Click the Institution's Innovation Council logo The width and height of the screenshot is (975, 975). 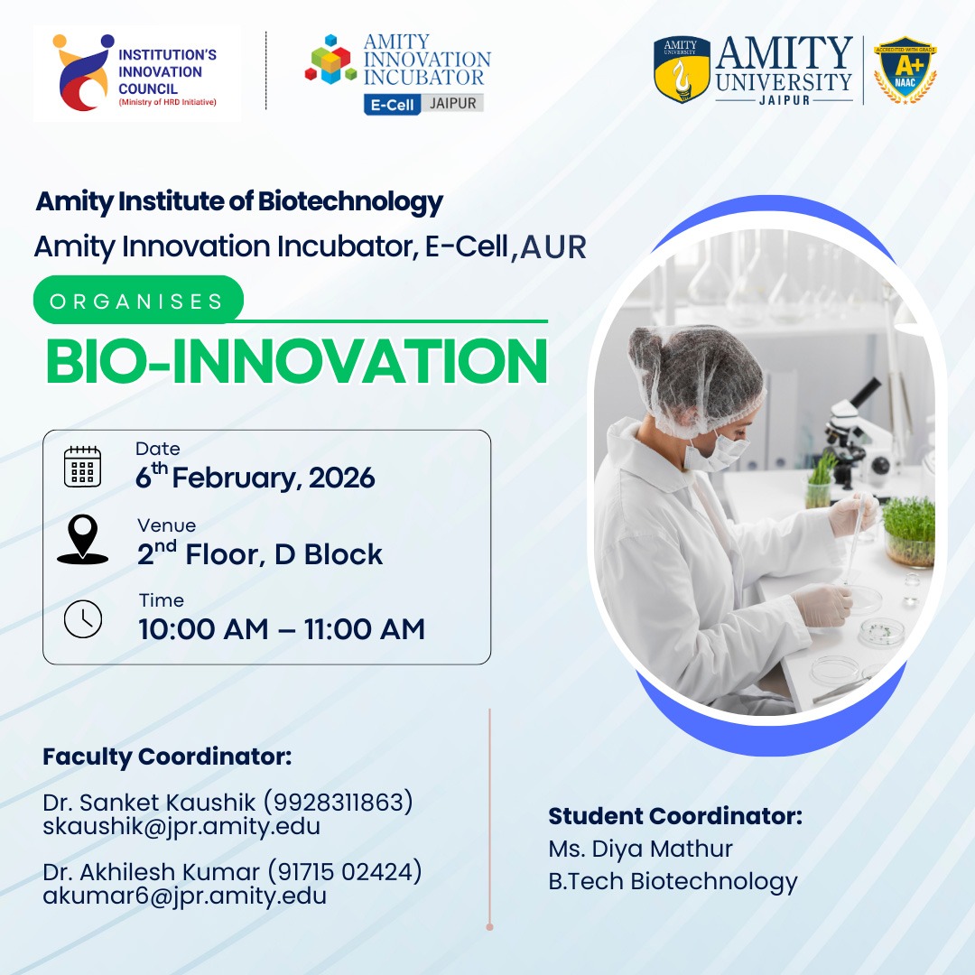tap(136, 73)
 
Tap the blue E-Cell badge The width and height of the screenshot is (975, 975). tap(392, 105)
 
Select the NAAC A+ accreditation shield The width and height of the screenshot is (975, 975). tap(905, 70)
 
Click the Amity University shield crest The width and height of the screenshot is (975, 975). tap(682, 69)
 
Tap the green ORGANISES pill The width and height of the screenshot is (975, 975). tap(138, 301)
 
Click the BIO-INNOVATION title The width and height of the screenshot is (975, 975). tap(297, 361)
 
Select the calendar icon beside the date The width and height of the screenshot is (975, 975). tap(83, 467)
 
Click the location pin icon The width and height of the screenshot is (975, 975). tap(83, 540)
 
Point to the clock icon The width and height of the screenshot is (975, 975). tap(83, 618)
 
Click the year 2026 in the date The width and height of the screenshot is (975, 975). tap(342, 478)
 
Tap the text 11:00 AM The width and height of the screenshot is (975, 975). tap(365, 628)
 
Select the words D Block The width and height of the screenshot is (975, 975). tap(329, 554)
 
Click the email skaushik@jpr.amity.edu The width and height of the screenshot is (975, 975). tap(181, 826)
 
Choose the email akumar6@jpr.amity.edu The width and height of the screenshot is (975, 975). tap(185, 896)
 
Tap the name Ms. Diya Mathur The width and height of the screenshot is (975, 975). tap(640, 849)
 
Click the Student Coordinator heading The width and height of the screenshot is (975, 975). tap(675, 816)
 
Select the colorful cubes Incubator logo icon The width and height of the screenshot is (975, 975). tap(330, 60)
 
